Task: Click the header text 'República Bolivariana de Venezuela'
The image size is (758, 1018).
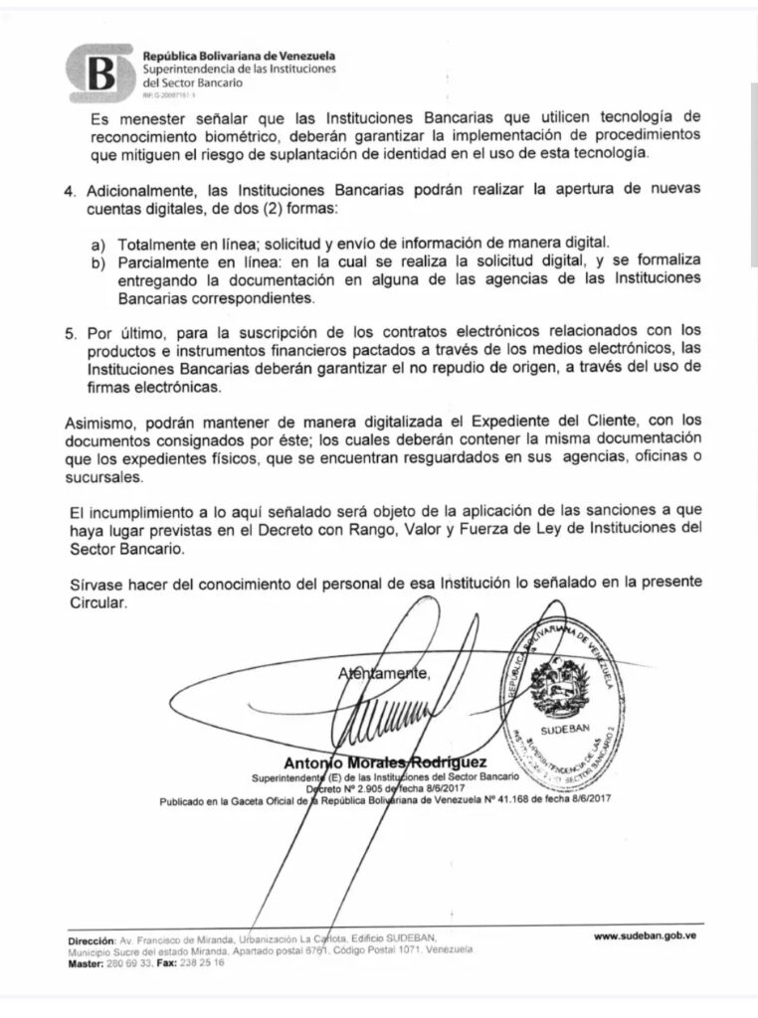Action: click(239, 57)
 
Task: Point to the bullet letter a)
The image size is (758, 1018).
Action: click(97, 244)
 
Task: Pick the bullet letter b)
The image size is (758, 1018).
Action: click(97, 262)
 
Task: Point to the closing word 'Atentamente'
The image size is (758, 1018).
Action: click(384, 673)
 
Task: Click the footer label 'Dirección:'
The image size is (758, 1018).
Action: click(90, 939)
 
